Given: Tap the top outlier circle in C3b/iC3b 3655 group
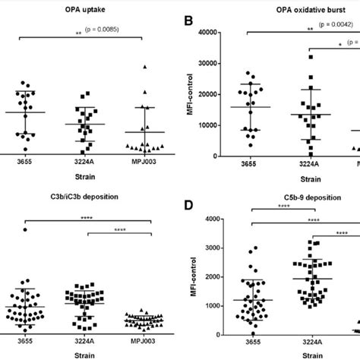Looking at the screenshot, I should [x=26, y=229].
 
